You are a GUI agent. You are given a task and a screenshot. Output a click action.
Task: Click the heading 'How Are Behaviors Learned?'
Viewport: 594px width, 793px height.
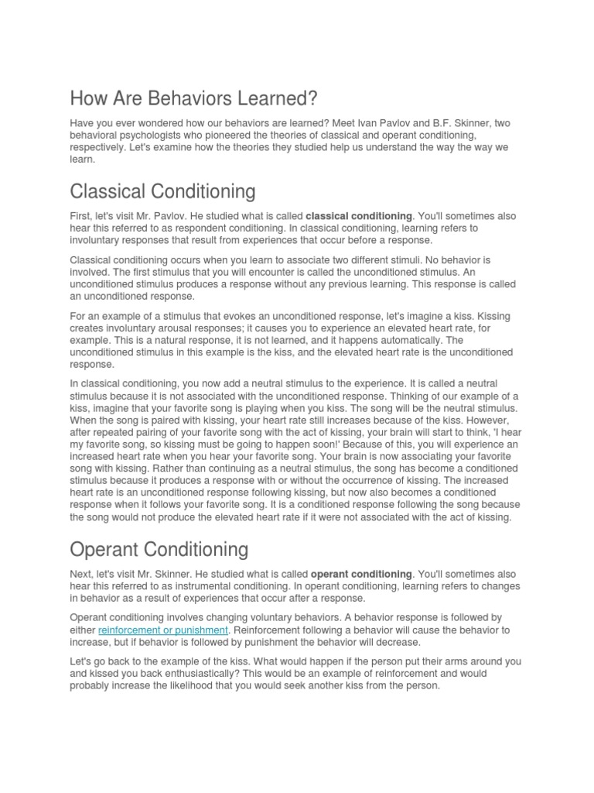click(x=193, y=99)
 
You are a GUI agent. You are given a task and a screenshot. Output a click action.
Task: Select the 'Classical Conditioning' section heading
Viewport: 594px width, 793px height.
click(x=162, y=191)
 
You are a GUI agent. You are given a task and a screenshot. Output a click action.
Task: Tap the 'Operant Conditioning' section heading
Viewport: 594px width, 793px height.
click(x=159, y=549)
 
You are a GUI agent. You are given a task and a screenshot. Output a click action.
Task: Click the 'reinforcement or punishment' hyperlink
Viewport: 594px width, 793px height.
click(x=163, y=630)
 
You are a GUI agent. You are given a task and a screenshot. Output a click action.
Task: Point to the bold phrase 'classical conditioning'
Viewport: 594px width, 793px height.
click(x=360, y=216)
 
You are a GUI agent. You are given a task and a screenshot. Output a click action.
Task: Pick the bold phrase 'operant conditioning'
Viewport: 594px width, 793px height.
click(x=361, y=574)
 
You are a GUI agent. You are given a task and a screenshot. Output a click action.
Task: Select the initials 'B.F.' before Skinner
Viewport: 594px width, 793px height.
click(x=437, y=124)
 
